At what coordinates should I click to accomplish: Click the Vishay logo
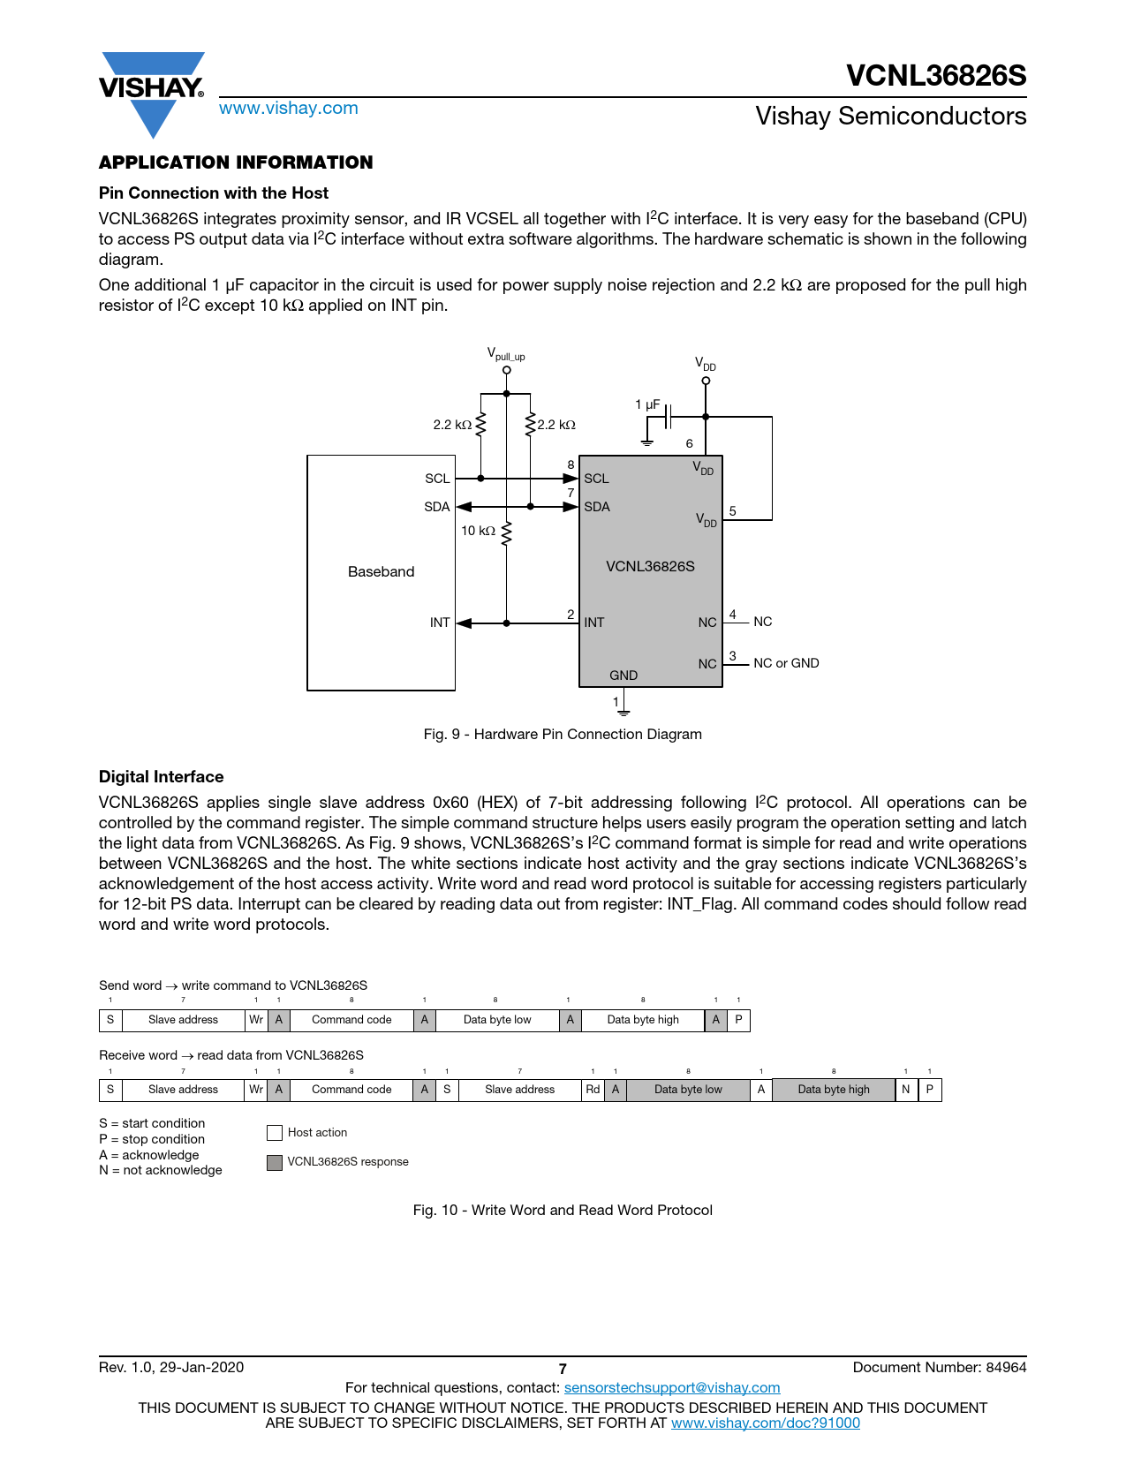152,92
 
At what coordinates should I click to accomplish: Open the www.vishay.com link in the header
288,109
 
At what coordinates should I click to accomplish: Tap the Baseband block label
381,572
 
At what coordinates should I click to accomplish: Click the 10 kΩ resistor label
478,531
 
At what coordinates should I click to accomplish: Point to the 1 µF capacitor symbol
669,416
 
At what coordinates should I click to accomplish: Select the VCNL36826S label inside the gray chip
650,567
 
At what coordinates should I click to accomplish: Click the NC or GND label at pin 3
786,663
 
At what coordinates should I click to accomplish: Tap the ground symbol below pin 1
623,709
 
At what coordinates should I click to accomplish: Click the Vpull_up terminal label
506,355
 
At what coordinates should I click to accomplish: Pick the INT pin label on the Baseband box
439,623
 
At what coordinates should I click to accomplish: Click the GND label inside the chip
623,676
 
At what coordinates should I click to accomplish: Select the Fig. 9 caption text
563,735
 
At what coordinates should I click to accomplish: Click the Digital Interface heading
162,777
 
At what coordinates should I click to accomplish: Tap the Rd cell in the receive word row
593,1090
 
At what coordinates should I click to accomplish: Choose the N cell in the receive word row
906,1090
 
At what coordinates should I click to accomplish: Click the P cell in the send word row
738,1020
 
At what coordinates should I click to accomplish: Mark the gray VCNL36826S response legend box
275,1162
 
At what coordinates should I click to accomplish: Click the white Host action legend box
275,1133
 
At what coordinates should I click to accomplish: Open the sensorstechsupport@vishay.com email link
672,1388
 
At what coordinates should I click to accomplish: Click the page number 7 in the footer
563,1369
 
